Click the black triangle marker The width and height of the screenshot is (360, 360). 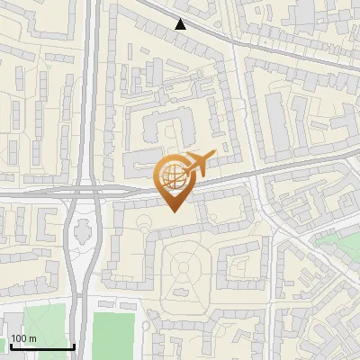click(x=181, y=24)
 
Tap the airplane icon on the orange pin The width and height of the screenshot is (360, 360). click(x=198, y=162)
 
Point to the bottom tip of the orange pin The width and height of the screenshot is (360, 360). click(x=173, y=211)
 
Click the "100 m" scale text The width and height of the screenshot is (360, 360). click(x=23, y=338)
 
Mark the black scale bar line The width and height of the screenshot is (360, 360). click(x=41, y=347)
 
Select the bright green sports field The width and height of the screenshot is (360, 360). click(x=114, y=335)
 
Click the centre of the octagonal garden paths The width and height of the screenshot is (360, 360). click(x=186, y=267)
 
